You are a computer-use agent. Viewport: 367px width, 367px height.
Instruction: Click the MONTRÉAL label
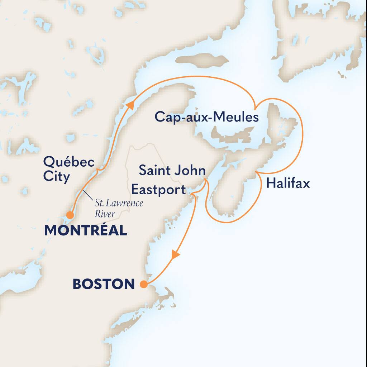click(86, 230)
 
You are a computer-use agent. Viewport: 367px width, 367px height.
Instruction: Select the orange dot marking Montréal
click(70, 215)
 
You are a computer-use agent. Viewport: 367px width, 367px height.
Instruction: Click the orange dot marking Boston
click(143, 285)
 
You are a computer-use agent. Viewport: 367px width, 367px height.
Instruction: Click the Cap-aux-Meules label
click(206, 117)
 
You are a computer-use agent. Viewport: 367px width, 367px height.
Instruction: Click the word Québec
click(69, 162)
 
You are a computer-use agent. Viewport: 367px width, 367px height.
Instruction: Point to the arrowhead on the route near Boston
click(176, 255)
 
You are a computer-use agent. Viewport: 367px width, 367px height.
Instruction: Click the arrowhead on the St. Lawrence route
click(130, 104)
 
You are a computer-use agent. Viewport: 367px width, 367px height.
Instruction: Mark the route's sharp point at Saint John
click(205, 180)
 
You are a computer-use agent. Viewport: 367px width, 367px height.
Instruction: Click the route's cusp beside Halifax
click(257, 173)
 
